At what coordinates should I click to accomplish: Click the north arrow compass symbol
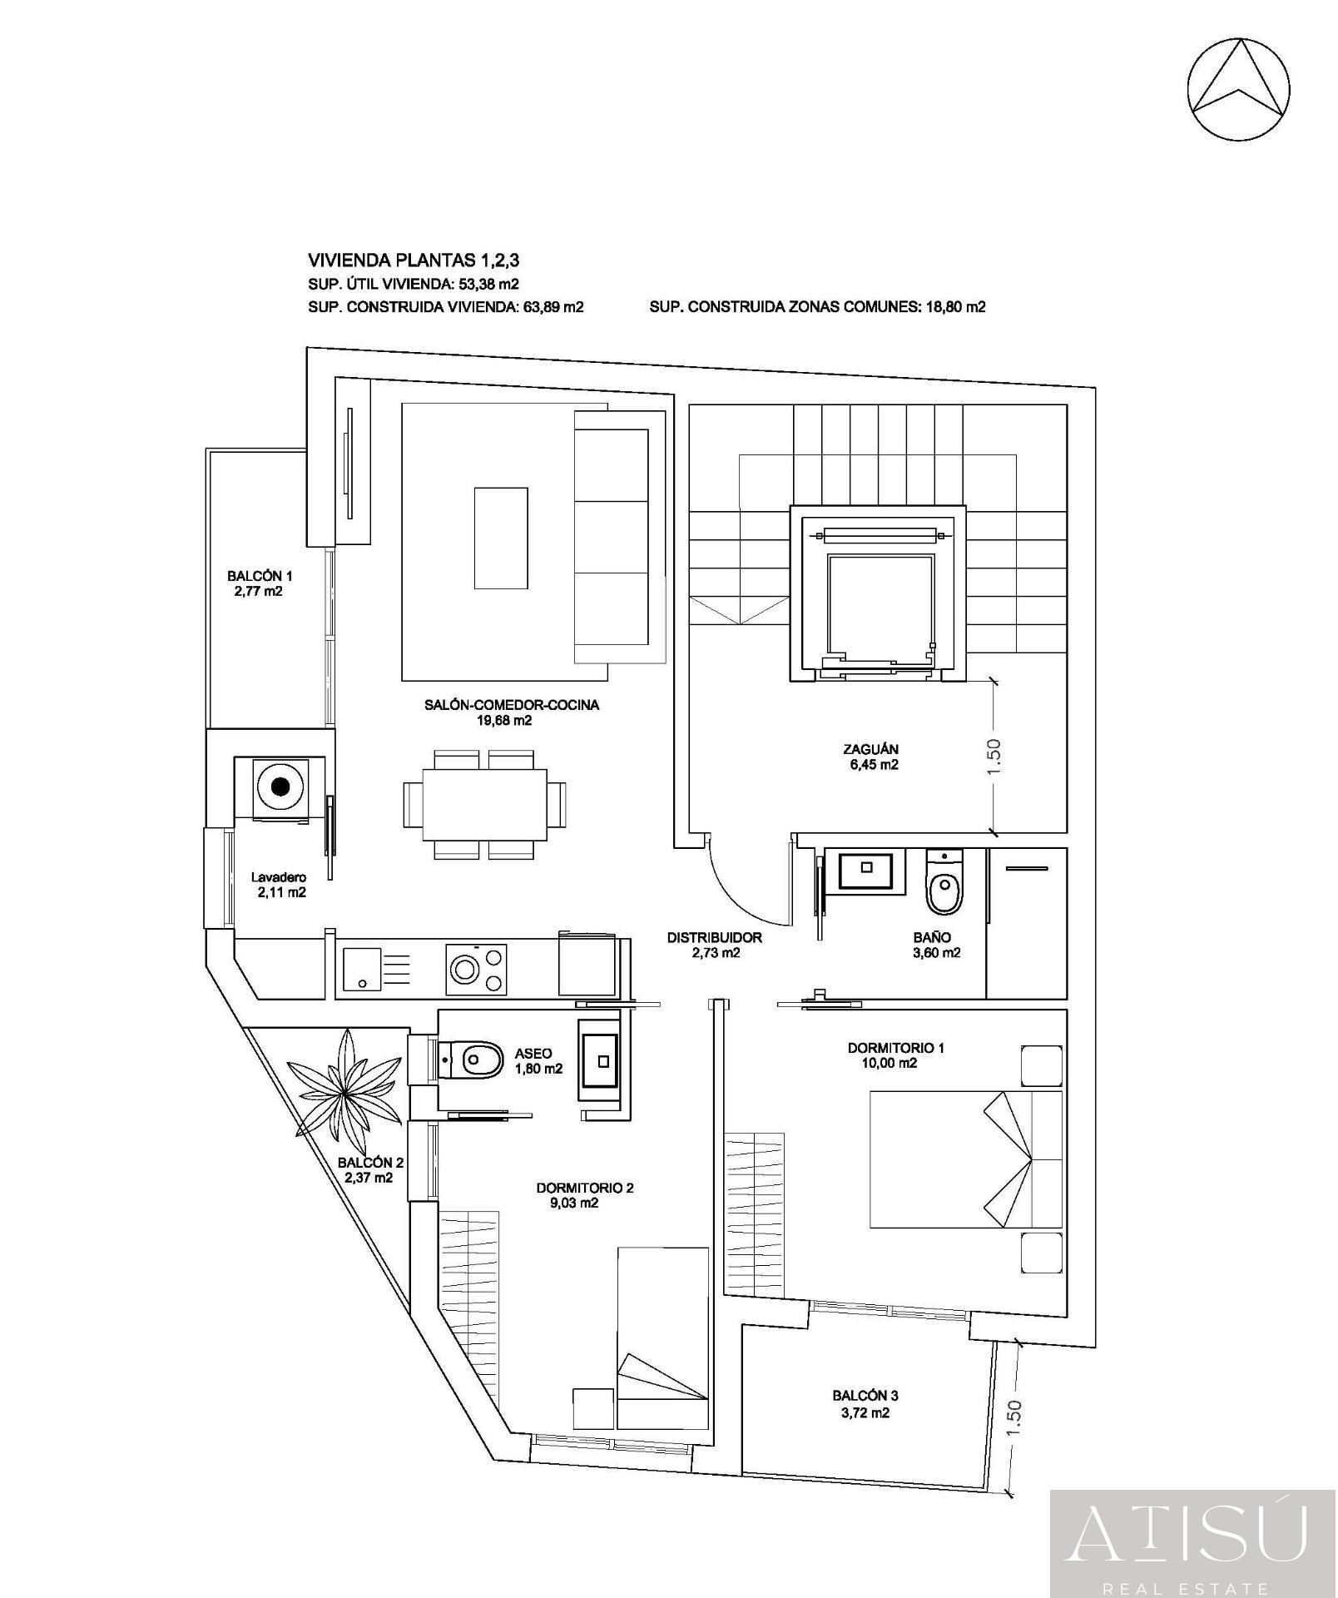click(1239, 88)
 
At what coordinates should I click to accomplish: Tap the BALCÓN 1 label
click(260, 583)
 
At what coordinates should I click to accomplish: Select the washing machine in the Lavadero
click(280, 787)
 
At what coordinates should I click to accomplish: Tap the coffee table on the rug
click(501, 538)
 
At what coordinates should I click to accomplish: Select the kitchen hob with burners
click(478, 968)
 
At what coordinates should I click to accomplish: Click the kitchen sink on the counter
click(361, 969)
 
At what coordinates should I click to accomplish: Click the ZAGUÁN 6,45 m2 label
click(870, 757)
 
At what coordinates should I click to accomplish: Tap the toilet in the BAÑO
click(944, 886)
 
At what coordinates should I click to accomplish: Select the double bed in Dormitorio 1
click(965, 1159)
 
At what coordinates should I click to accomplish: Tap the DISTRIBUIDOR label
click(714, 945)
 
